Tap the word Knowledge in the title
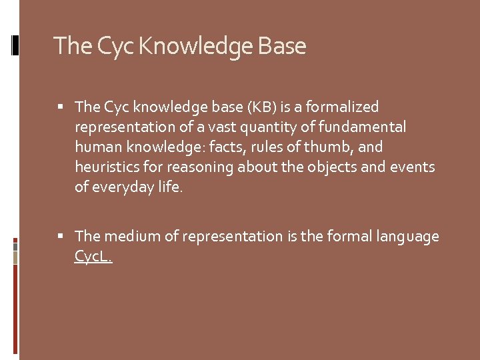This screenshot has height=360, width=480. (195, 47)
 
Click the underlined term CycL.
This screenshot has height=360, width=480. (93, 256)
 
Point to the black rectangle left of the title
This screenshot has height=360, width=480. (15, 45)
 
